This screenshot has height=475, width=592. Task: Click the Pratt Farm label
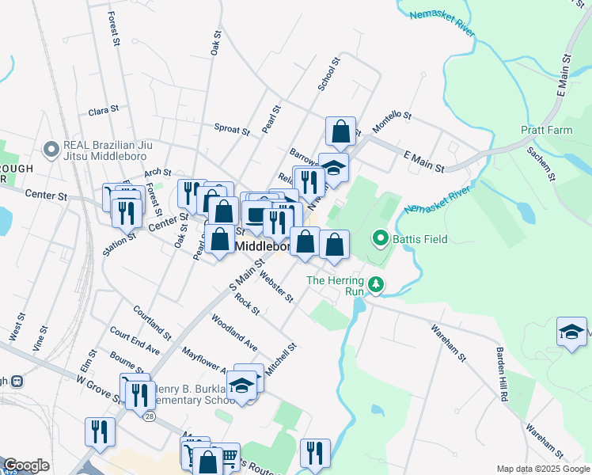point(546,130)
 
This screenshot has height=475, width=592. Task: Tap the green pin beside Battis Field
point(381,238)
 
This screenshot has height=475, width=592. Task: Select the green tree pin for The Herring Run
point(378,285)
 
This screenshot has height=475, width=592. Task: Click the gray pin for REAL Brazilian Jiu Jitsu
point(52,149)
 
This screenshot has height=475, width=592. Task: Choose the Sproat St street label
point(232,127)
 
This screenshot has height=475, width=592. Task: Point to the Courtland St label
point(152,322)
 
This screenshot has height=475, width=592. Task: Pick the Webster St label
point(277,287)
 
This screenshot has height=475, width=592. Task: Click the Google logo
point(26,465)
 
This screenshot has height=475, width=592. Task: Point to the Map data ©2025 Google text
point(543,469)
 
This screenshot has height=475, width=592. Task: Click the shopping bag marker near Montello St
point(340,131)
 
